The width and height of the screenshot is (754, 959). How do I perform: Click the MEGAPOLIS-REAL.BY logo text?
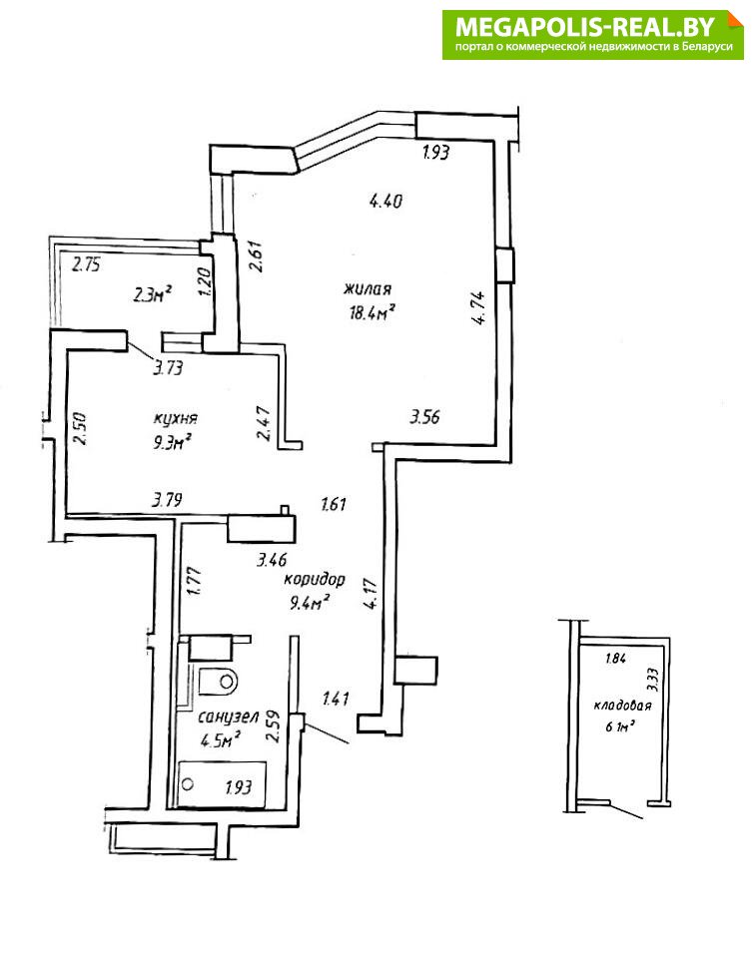585,27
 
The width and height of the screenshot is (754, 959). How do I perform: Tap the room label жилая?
368,288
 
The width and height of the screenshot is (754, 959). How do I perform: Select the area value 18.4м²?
371,313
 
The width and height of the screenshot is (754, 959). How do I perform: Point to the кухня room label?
175,419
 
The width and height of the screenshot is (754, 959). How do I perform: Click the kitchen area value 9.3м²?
173,442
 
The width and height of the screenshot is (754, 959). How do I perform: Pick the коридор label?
314,580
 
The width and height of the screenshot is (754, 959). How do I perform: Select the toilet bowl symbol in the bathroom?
218,681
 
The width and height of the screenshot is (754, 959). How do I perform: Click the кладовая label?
622,706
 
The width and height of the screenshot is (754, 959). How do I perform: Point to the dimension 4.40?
385,200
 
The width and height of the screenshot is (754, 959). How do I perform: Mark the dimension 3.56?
424,417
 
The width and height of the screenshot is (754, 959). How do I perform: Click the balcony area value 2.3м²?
151,295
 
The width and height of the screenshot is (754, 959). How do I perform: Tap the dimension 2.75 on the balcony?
86,265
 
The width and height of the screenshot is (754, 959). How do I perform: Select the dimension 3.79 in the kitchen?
167,500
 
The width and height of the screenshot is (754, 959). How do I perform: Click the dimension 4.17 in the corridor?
371,594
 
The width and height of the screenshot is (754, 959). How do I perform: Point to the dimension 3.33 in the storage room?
652,680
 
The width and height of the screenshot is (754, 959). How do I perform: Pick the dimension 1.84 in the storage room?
615,660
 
